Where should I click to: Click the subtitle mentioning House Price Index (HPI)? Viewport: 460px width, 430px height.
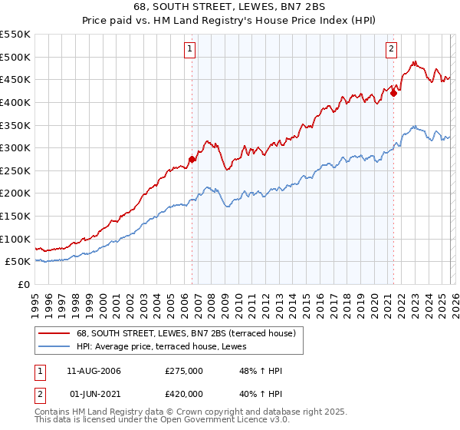(229, 21)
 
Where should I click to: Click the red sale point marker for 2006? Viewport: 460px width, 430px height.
(192, 160)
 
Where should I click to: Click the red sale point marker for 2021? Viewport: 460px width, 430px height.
(393, 94)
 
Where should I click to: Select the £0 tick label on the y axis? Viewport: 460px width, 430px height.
(23, 284)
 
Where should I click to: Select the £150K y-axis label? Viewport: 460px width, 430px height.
(15, 216)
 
